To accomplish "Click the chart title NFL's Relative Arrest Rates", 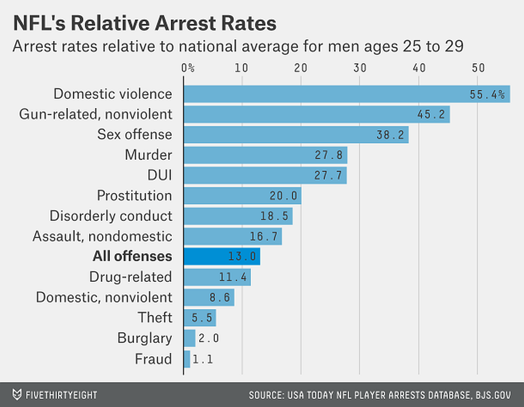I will tap(145, 24).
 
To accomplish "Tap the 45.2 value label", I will tap(433, 114).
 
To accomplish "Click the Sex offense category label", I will tap(134, 135).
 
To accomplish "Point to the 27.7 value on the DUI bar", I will tap(329, 175).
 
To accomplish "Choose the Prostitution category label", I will tap(134, 196).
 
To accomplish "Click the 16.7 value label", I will tap(264, 237).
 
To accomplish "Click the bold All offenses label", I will tap(132, 257).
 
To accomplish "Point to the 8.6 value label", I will tap(220, 298).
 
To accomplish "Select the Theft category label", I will tap(155, 318).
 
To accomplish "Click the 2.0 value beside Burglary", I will tap(208, 338).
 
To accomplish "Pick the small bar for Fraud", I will tap(187, 359).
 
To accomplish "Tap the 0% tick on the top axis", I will tap(188, 68).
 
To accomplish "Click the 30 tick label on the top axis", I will tap(359, 68).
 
